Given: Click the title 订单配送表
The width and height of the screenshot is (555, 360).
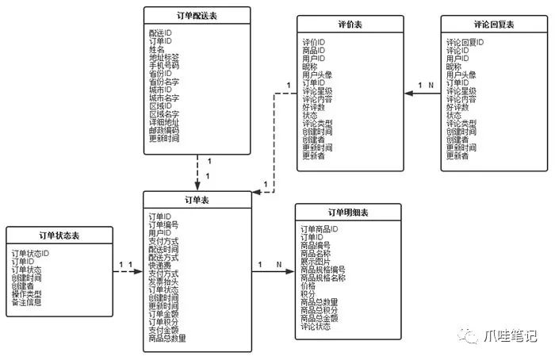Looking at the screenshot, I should pos(197,17).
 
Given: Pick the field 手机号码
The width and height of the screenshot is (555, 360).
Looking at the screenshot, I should pos(164,66).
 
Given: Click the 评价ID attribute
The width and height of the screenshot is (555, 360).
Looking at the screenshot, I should pos(314,42).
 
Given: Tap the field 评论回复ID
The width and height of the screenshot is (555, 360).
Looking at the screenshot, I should pos(465,42).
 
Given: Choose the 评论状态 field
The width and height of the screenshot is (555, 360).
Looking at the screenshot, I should pos(317,326).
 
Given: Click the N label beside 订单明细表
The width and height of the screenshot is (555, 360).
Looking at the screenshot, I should pos(278,264).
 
